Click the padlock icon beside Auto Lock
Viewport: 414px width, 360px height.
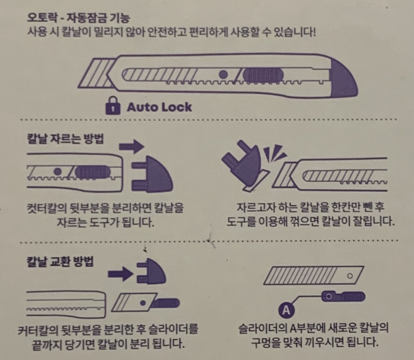(x=113, y=106)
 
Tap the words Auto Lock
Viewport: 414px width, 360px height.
(x=159, y=107)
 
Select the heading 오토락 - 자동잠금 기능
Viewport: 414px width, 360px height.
(x=79, y=20)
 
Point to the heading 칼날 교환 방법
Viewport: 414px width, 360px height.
(x=60, y=262)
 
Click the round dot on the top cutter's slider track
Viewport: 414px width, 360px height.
(x=223, y=75)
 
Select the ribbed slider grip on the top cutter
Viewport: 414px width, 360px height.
(x=263, y=76)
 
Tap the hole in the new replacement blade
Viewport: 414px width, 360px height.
(x=350, y=276)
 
